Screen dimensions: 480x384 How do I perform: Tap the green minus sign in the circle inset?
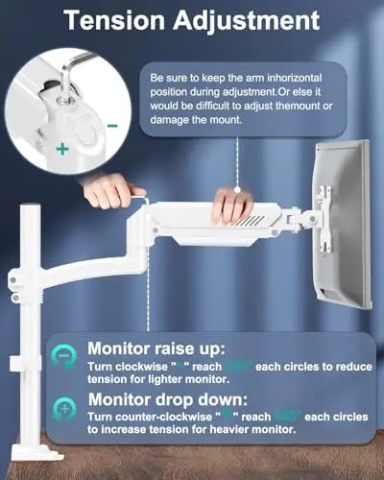pyautogui.click(x=114, y=124)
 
